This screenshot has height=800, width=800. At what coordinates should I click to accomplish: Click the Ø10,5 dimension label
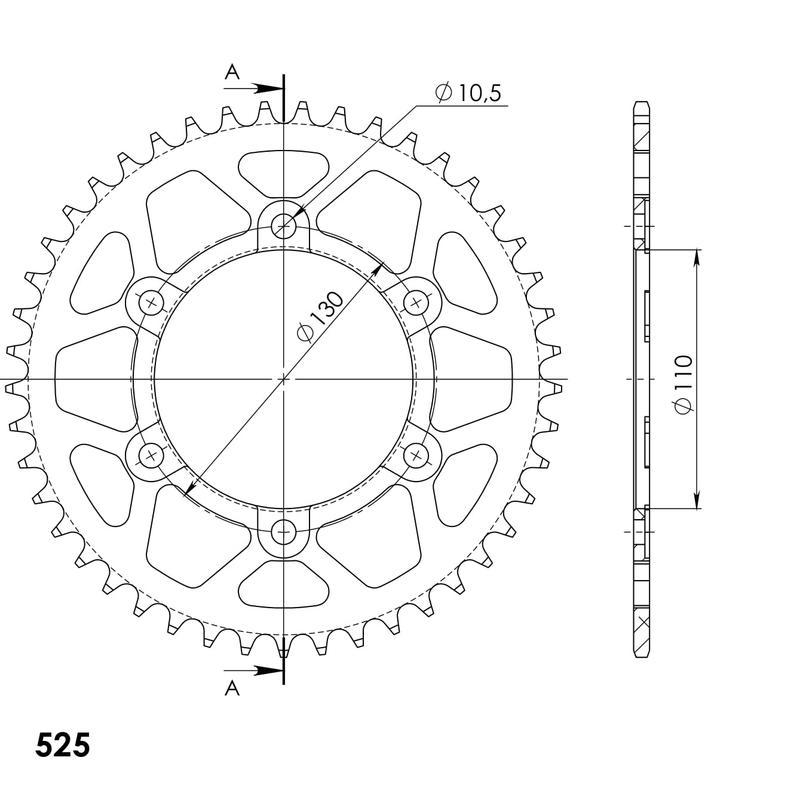(x=468, y=93)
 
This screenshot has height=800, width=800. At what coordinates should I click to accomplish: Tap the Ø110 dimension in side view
(x=682, y=379)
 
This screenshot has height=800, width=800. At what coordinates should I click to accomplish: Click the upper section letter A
(x=231, y=71)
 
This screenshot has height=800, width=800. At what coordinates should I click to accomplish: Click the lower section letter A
(x=231, y=687)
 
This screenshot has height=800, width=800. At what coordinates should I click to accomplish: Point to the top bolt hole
(x=285, y=227)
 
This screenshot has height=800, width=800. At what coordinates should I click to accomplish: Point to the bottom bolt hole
(x=285, y=532)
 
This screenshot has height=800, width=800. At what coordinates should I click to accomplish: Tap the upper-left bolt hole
(x=152, y=301)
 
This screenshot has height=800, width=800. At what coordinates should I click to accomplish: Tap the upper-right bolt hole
(x=416, y=301)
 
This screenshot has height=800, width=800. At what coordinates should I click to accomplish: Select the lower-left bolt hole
(x=152, y=456)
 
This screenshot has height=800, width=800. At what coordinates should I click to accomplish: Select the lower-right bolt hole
(x=416, y=456)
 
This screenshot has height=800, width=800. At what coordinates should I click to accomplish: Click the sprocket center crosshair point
(x=285, y=379)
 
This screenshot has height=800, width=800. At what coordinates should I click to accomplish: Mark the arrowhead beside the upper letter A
(x=267, y=89)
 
